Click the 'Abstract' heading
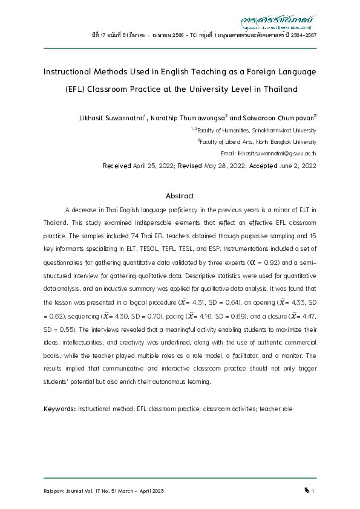click(180, 196)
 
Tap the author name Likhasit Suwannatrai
click(113, 117)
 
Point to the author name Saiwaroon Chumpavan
click(278, 117)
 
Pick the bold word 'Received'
click(117, 166)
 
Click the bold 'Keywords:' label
click(59, 409)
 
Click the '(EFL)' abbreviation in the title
click(75, 89)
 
